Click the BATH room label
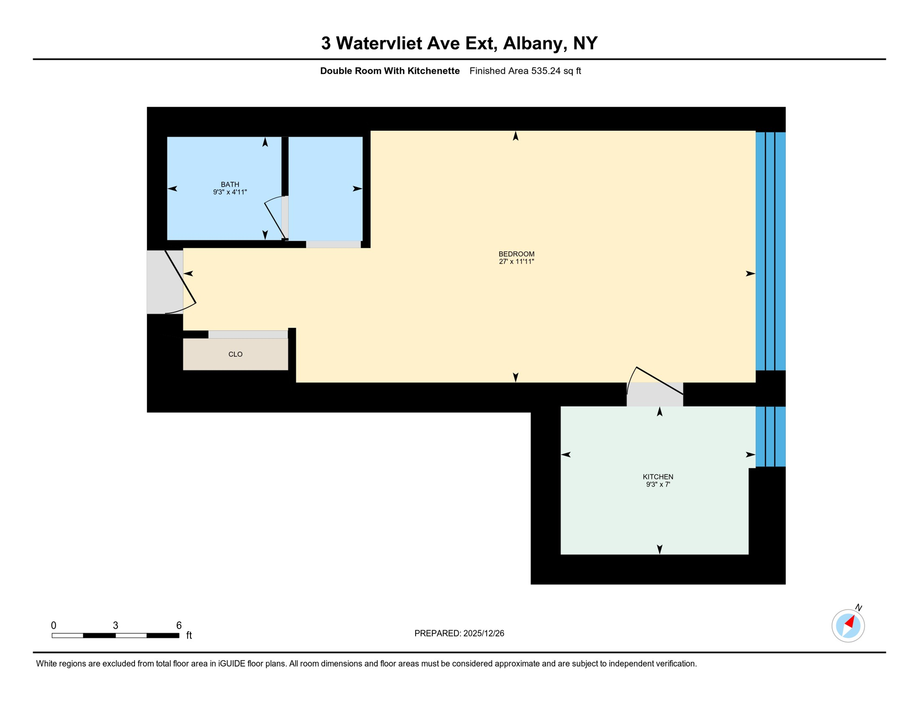pyautogui.click(x=230, y=184)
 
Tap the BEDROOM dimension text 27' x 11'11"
pyautogui.click(x=516, y=262)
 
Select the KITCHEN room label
pyautogui.click(x=658, y=477)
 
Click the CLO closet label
pyautogui.click(x=235, y=354)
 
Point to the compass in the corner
pyautogui.click(x=848, y=626)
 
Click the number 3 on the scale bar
pyautogui.click(x=116, y=625)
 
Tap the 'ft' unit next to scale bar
pyautogui.click(x=189, y=636)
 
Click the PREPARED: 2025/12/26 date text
pyautogui.click(x=459, y=633)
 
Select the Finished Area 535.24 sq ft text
pyautogui.click(x=525, y=71)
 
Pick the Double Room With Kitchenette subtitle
pyautogui.click(x=390, y=71)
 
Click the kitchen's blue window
pyautogui.click(x=770, y=436)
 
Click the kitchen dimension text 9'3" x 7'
pyautogui.click(x=658, y=484)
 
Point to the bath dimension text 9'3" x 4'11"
pyautogui.click(x=230, y=192)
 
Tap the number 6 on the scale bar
pyautogui.click(x=179, y=625)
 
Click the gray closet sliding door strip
pyautogui.click(x=248, y=334)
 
